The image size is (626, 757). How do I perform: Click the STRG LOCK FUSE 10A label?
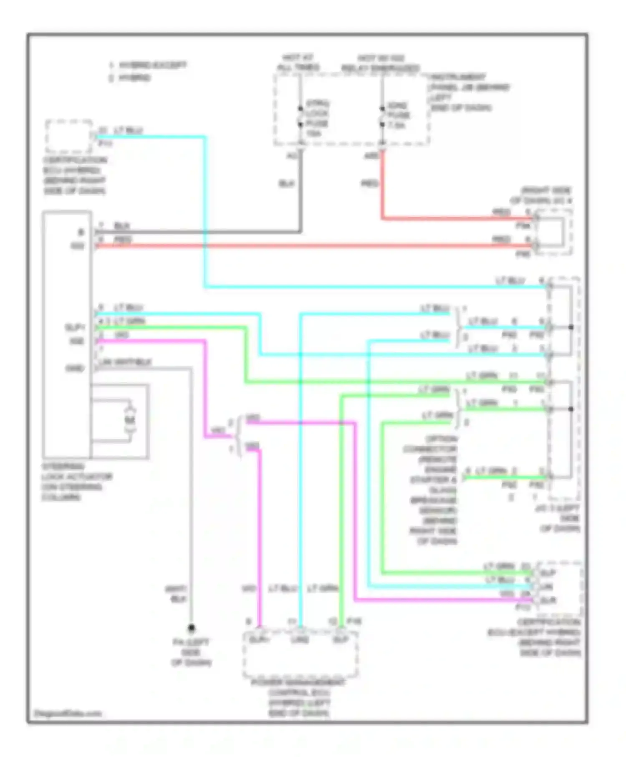click(x=317, y=118)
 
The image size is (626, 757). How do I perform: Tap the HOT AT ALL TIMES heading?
click(x=298, y=62)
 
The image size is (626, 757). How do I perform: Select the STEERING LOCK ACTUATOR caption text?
click(x=76, y=482)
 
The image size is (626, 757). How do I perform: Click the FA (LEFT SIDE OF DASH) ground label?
click(x=191, y=652)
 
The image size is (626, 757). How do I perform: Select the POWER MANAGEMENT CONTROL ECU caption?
click(x=299, y=697)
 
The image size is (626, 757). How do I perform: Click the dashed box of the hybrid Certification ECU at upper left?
click(x=69, y=136)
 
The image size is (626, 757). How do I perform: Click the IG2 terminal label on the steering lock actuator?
click(x=77, y=246)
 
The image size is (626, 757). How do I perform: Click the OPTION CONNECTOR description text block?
click(x=432, y=490)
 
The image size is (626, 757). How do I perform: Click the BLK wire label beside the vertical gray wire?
click(x=286, y=184)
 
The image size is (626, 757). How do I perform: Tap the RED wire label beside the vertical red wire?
click(x=369, y=183)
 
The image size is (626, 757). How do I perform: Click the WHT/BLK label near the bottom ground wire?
click(x=176, y=594)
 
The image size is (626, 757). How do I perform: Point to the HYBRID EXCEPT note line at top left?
click(x=148, y=65)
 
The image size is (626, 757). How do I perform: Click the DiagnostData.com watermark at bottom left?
click(x=68, y=714)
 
